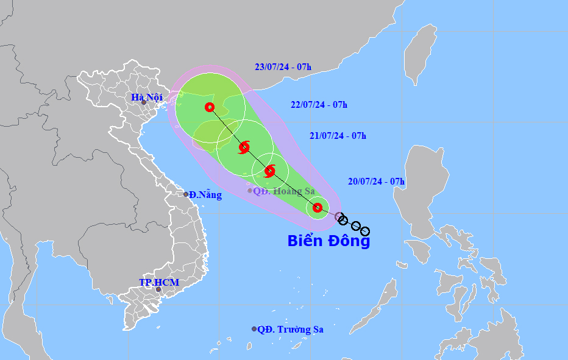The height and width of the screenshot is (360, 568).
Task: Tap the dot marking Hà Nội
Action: pyautogui.click(x=144, y=102)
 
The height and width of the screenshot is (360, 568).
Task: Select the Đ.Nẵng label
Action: pyautogui.click(x=205, y=195)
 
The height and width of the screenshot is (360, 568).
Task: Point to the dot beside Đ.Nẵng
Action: pyautogui.click(x=186, y=194)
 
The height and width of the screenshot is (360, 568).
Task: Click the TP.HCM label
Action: pyautogui.click(x=158, y=282)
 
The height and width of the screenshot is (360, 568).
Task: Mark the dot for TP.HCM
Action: pyautogui.click(x=158, y=289)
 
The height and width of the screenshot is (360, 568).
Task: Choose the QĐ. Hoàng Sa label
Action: pyautogui.click(x=284, y=191)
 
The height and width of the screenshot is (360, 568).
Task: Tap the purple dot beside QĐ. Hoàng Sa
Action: pyautogui.click(x=250, y=191)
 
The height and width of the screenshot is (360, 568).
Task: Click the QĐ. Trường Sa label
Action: pyautogui.click(x=290, y=330)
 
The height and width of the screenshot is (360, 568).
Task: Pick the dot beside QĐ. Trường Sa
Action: pyautogui.click(x=254, y=329)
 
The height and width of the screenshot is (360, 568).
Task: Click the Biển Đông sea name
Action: pyautogui.click(x=328, y=241)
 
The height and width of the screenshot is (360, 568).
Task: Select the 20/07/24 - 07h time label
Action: pyautogui.click(x=376, y=181)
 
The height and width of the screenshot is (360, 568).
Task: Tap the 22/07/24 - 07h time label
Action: pyautogui.click(x=319, y=105)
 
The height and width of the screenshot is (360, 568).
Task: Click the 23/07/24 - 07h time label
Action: pyautogui.click(x=283, y=67)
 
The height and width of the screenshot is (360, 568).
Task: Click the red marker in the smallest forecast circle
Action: pyautogui.click(x=318, y=208)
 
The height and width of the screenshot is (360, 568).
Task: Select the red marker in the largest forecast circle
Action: pyautogui.click(x=210, y=107)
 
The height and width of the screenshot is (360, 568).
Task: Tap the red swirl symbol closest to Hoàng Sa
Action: pyautogui.click(x=269, y=171)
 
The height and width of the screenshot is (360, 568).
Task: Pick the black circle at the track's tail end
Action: pyautogui.click(x=364, y=231)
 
